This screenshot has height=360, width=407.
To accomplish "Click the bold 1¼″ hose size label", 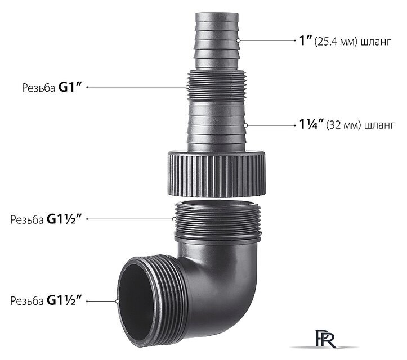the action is point(311,124).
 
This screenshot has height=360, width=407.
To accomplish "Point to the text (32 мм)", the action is point(343,125).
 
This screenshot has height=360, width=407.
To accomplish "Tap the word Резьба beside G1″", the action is point(38,88).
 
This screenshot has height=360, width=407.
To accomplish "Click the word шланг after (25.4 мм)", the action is point(375,42).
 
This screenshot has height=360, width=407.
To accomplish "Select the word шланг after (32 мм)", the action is point(379,126).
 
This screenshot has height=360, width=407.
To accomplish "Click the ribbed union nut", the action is point(217,173).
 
